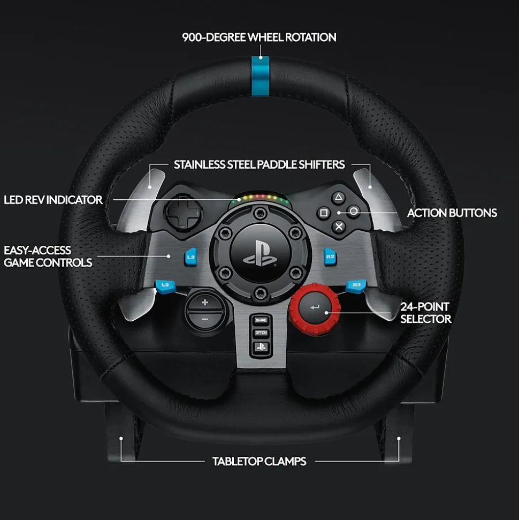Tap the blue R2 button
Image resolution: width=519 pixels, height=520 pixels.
330,257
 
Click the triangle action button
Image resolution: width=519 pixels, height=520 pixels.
338,197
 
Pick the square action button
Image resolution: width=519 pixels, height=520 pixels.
323,213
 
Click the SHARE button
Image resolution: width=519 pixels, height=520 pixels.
261,320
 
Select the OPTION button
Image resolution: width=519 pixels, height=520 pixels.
261,333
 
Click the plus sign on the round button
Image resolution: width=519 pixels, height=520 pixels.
204,303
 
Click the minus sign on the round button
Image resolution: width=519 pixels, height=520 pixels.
204,319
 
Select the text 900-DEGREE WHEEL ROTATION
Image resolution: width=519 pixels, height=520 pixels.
259,37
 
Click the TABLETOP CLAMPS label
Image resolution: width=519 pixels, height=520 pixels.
259,461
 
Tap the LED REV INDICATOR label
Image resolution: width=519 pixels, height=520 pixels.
53,200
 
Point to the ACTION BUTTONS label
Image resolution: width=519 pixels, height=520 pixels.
452,213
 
